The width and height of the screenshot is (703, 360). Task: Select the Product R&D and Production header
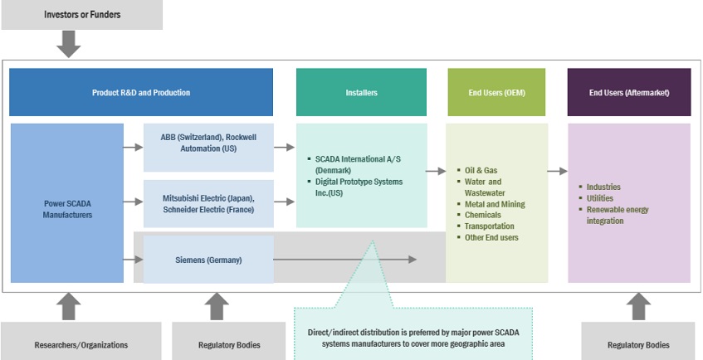(x=141, y=92)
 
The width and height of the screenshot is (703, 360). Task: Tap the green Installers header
(x=361, y=92)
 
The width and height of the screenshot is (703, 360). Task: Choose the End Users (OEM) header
(x=496, y=92)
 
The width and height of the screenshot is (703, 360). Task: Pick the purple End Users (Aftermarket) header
(x=629, y=92)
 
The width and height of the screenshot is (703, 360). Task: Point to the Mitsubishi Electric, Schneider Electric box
(x=208, y=203)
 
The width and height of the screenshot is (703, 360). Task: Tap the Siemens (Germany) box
(x=208, y=260)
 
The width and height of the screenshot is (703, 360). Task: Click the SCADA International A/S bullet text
(x=349, y=163)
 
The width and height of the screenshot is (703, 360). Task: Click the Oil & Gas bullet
(x=482, y=170)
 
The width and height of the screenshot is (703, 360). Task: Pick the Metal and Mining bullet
(x=495, y=204)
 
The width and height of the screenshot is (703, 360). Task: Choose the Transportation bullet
(x=490, y=226)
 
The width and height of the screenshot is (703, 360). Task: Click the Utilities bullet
(x=601, y=198)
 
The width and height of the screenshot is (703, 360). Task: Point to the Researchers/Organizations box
(x=69, y=344)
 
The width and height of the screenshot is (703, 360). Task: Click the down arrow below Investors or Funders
(x=68, y=44)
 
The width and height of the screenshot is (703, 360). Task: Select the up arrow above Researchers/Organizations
(x=68, y=306)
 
